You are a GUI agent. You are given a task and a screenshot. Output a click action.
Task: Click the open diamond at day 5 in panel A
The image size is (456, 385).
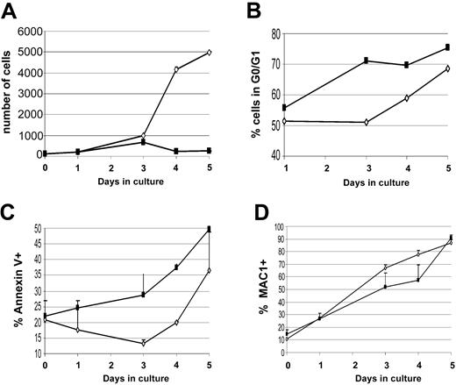pyautogui.click(x=209, y=52)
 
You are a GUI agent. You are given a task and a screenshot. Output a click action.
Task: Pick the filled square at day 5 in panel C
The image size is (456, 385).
pyautogui.click(x=209, y=230)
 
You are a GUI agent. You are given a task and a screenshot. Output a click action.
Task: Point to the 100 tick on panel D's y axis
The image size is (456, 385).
pyautogui.click(x=276, y=227)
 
